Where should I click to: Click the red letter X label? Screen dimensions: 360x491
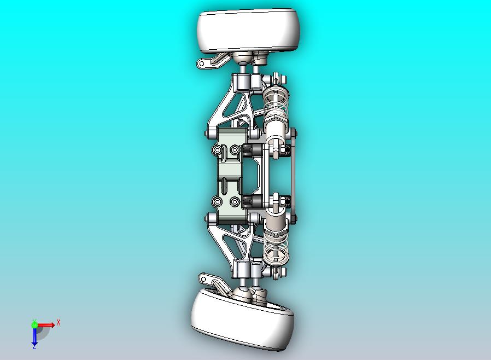(59, 322)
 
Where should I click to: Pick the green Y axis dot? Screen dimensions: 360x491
(34, 324)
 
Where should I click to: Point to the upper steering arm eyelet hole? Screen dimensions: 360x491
(202, 64)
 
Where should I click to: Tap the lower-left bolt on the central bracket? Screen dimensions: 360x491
(218, 202)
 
